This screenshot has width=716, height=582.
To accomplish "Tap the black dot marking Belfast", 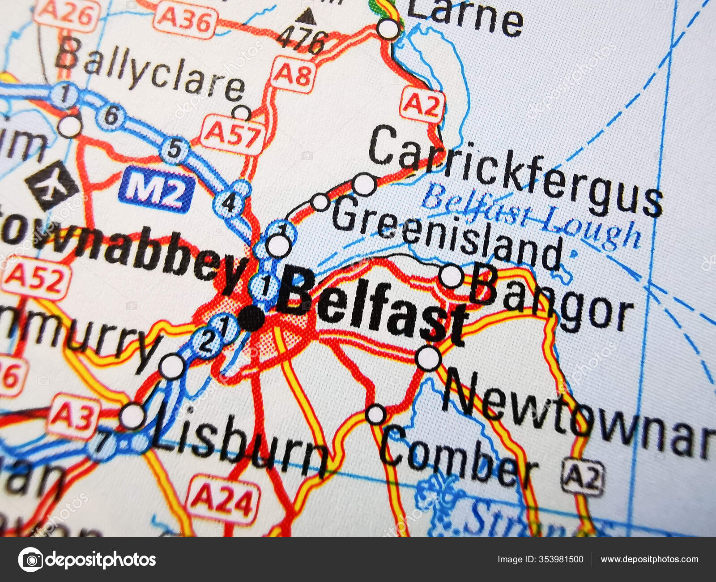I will click(x=251, y=319).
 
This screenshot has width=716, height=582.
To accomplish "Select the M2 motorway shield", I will click(x=156, y=189).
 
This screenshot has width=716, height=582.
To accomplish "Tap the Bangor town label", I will click(x=550, y=298).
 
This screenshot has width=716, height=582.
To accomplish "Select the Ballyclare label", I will click(x=150, y=72).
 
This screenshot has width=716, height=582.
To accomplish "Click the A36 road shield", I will click(x=184, y=20).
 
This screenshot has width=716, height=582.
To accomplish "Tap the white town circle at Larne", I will click(x=388, y=29).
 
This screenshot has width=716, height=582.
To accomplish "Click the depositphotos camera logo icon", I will click(x=30, y=559).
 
